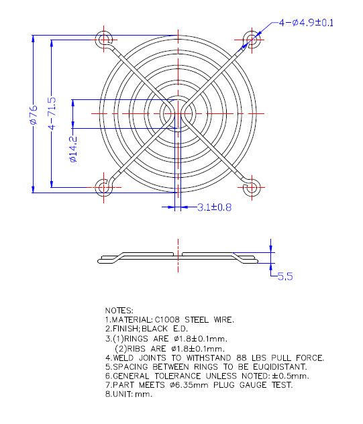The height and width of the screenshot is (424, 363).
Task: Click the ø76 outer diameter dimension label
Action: coord(34,115)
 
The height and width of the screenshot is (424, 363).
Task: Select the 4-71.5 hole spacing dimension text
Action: coord(52,113)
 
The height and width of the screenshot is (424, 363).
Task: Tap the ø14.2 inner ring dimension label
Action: coord(73,149)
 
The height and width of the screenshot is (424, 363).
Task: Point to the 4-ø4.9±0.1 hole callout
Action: coord(306,23)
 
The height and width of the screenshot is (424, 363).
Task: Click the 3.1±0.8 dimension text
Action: coord(214,207)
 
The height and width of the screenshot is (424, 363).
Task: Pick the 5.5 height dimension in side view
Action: coord(285,276)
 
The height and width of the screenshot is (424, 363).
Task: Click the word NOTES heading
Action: coord(119,311)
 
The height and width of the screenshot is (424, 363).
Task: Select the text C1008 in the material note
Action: coord(167,320)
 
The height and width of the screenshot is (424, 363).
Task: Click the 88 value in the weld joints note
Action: coord(242,358)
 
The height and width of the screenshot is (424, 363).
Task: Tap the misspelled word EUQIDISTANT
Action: coord(280,367)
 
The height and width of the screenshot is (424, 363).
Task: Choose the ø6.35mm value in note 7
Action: coord(189,385)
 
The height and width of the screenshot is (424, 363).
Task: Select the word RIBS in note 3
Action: coord(136,349)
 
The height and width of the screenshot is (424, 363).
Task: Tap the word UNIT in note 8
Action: coord(122,394)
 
